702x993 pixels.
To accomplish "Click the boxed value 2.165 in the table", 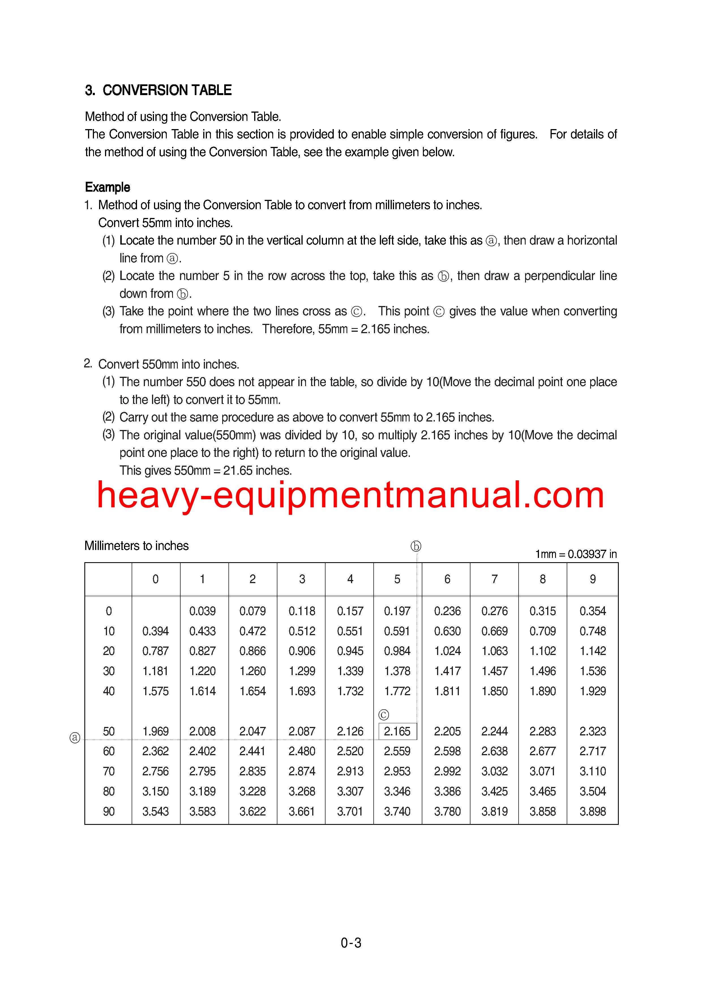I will (x=397, y=731).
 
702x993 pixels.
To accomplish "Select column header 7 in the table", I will (x=495, y=579).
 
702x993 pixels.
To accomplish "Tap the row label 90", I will (x=109, y=811).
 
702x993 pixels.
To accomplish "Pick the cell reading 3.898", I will (x=592, y=811).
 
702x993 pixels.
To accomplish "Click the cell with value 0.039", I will (x=202, y=611).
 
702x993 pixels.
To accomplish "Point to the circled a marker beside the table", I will (x=75, y=738).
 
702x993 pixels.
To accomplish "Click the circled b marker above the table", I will (x=416, y=546).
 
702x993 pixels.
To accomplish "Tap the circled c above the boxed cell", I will (x=383, y=715).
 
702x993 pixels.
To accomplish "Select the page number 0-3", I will (x=351, y=943).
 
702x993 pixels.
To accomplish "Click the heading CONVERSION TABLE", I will (x=167, y=90).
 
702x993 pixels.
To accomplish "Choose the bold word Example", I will (x=107, y=187).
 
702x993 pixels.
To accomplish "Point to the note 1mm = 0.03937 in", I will (x=576, y=554).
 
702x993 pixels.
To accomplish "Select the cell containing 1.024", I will (x=447, y=651).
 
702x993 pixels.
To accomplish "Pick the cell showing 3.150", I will (x=155, y=791).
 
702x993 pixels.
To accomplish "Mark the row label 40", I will (x=109, y=691).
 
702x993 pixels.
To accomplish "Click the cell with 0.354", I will (x=592, y=611).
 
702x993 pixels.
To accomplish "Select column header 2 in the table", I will (x=252, y=579).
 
